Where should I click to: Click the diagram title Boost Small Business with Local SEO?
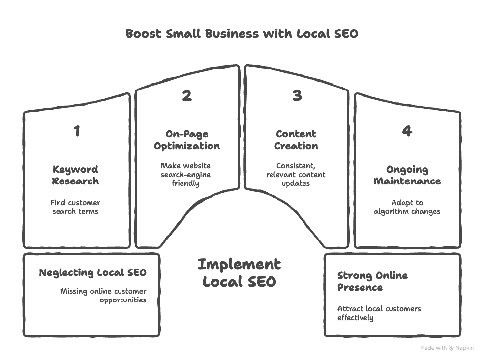[x=242, y=34]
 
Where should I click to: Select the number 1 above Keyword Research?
[x=76, y=131]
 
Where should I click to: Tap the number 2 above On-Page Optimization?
[x=187, y=95]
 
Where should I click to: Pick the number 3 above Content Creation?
[x=297, y=95]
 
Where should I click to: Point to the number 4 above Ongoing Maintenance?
[x=407, y=131]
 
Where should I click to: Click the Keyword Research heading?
[x=76, y=175]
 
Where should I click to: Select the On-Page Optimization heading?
[x=187, y=140]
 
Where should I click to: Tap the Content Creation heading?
[x=296, y=140]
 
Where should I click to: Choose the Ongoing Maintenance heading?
[x=407, y=175]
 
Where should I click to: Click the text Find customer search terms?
[x=76, y=207]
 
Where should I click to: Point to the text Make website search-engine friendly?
[x=186, y=175]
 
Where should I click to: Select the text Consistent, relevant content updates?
[x=296, y=175]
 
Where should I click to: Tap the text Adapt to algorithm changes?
[x=407, y=207]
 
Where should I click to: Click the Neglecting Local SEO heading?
[x=92, y=272]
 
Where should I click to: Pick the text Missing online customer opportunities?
[x=103, y=296]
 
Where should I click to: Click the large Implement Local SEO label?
[x=240, y=273]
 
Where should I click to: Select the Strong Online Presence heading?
[x=372, y=281]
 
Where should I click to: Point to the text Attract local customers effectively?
[x=379, y=313]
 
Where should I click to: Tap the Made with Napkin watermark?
[x=447, y=348]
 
